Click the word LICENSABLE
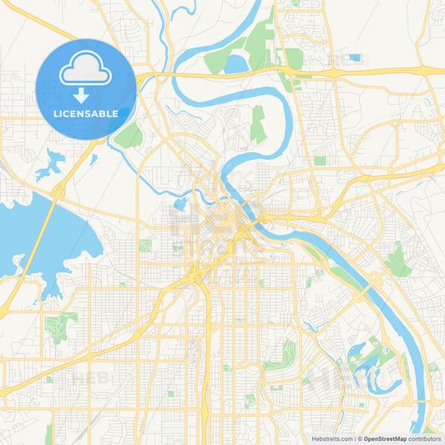pyautogui.click(x=86, y=114)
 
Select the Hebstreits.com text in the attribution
pyautogui.click(x=331, y=438)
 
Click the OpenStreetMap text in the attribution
pyautogui.click(x=385, y=438)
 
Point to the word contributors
pyautogui.click(x=425, y=438)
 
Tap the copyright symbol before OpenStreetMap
pyautogui.click(x=360, y=438)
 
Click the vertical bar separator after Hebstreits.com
pyautogui.click(x=354, y=438)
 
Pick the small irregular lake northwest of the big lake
pyautogui.click(x=50, y=163)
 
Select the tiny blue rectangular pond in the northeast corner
pyautogui.click(x=356, y=58)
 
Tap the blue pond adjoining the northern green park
pyautogui.click(x=236, y=63)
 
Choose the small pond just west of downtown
pyautogui.click(x=180, y=204)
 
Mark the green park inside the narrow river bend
pyautogui.click(x=258, y=124)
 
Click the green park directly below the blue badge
pyautogui.click(x=129, y=134)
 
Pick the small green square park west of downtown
pyautogui.click(x=145, y=245)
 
